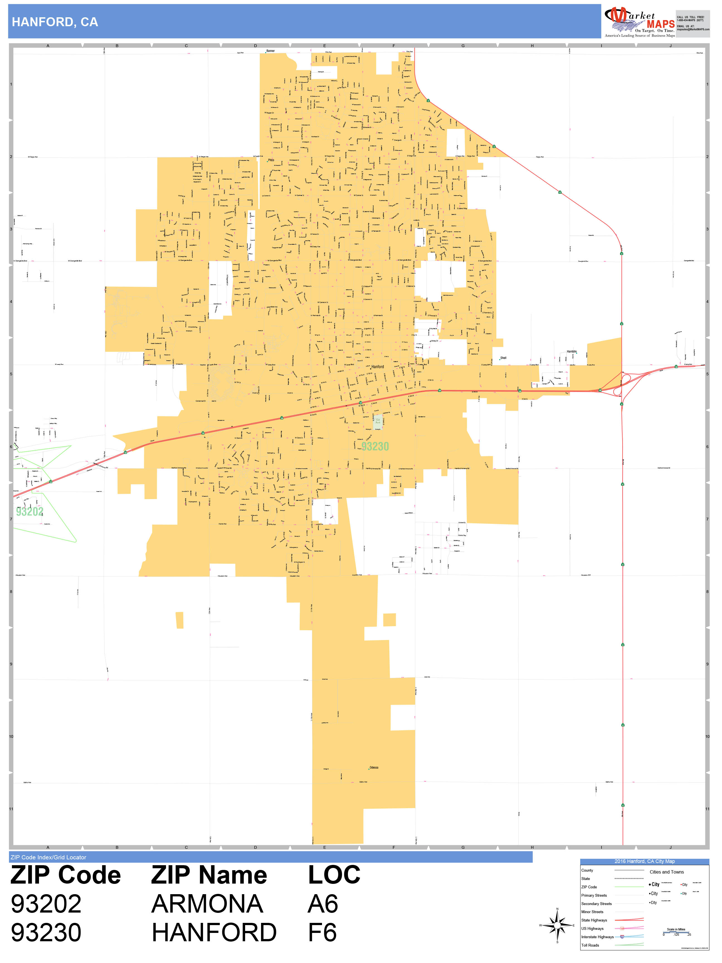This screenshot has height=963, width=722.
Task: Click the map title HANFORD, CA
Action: (x=55, y=22)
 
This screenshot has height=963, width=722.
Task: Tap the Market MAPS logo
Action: (x=639, y=22)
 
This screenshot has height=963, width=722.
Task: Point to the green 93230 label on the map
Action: (x=375, y=446)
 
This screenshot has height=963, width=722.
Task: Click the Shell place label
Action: (x=503, y=358)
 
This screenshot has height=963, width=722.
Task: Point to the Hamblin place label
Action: (x=571, y=351)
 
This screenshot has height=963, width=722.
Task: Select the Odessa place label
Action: (x=374, y=767)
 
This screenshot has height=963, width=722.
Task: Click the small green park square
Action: (x=378, y=421)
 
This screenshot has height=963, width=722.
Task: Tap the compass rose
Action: (x=557, y=925)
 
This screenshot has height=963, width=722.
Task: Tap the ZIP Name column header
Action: (x=209, y=875)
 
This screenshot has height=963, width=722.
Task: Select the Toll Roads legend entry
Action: (x=590, y=945)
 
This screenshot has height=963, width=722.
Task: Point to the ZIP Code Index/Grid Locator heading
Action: (x=48, y=857)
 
